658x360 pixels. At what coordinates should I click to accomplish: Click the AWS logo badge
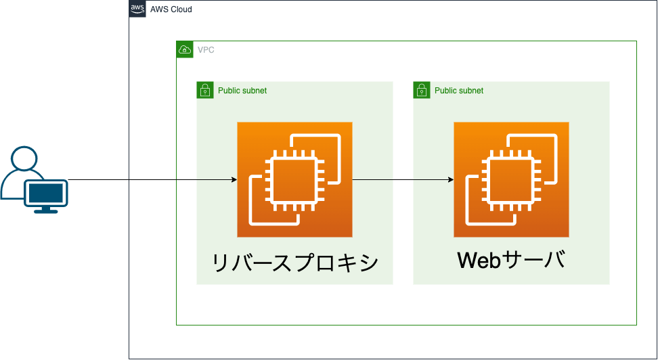(x=137, y=9)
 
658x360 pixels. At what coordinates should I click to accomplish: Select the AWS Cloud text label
(x=171, y=9)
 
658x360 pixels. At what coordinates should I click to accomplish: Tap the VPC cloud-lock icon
(x=185, y=49)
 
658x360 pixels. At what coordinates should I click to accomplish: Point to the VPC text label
(x=206, y=50)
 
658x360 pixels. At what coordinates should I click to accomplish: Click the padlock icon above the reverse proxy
(x=205, y=90)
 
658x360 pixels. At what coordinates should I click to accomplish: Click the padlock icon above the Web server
(x=422, y=90)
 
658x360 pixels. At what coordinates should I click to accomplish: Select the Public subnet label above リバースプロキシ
(x=242, y=91)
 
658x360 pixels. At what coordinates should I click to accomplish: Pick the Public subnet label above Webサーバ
(x=459, y=91)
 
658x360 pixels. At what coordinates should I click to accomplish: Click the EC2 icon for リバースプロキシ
(x=294, y=179)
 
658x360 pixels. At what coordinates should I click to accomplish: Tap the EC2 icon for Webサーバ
(x=511, y=179)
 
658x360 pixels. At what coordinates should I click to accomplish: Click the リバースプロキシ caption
(x=295, y=263)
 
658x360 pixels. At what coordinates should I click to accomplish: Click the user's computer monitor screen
(x=46, y=193)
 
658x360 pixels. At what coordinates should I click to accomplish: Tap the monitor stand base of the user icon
(x=46, y=211)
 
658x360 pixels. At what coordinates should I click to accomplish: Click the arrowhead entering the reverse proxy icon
(x=234, y=179)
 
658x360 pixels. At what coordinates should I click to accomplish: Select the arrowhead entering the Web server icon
(x=451, y=179)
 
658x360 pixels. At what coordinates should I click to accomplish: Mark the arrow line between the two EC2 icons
(x=403, y=179)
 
